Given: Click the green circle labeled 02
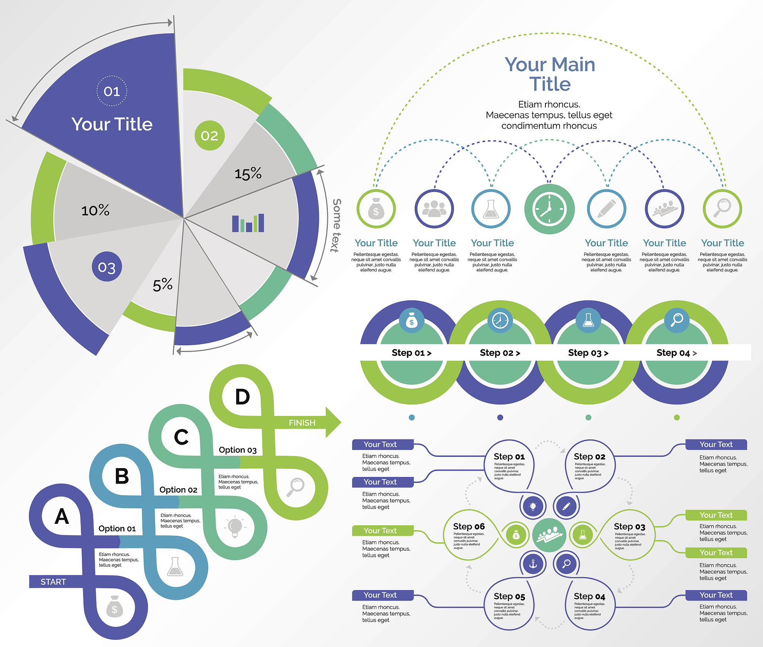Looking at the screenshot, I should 209,135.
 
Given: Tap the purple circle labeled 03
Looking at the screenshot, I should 107,267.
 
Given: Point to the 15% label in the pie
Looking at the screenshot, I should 248,173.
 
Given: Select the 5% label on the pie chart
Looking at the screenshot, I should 162,285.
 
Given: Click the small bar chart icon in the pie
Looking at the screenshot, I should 248,223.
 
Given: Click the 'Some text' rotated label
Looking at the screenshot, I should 336,225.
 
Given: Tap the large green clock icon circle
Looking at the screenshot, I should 549,209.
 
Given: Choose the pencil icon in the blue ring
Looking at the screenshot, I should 607,209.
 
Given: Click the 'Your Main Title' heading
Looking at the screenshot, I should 550,74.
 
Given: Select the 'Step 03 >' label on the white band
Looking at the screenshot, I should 588,353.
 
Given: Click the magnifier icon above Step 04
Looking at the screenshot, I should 677,320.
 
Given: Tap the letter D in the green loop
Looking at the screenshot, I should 243,397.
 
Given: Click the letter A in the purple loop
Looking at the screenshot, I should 62,516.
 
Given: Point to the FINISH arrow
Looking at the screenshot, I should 305,423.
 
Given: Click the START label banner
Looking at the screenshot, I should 53,582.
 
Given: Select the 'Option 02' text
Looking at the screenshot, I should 178,490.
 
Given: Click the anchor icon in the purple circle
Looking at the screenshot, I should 533,564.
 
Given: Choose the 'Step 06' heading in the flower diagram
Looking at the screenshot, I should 469,526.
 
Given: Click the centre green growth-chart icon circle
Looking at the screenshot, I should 549,535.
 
